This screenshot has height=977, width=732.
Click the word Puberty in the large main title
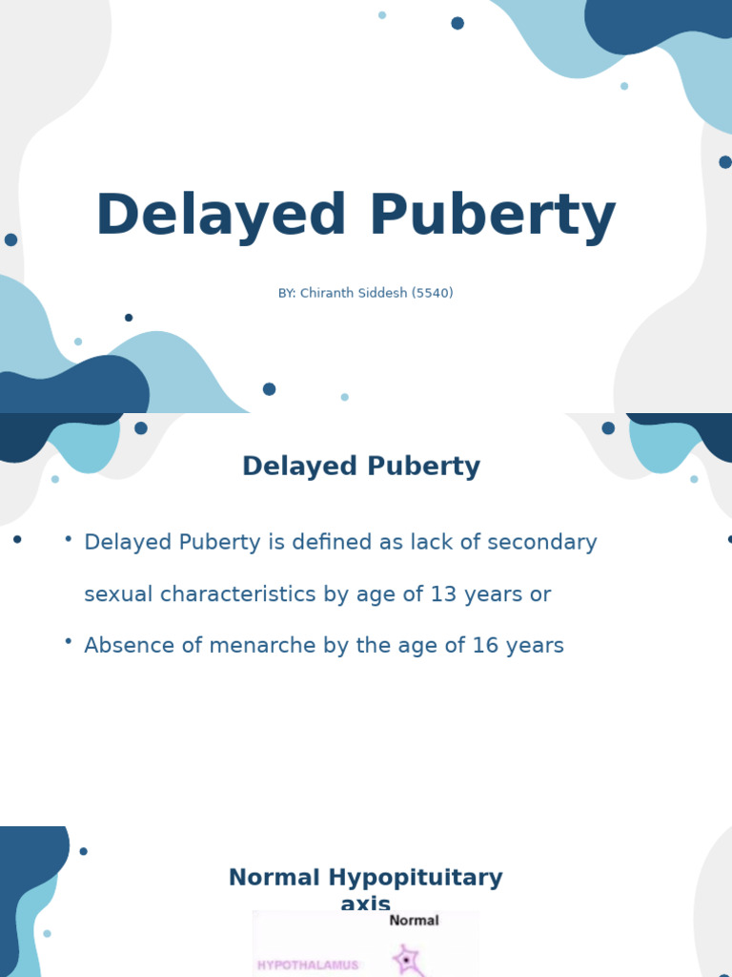click(492, 217)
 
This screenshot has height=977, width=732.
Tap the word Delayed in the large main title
click(221, 217)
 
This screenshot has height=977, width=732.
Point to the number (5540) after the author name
click(433, 294)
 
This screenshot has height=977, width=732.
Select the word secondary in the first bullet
click(542, 543)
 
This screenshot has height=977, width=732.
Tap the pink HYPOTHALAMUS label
click(308, 965)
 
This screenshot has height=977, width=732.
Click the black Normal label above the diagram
click(414, 921)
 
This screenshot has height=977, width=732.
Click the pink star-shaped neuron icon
click(407, 959)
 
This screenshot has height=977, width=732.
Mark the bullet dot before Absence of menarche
click(69, 641)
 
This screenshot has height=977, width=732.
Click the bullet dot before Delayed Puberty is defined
click(69, 538)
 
